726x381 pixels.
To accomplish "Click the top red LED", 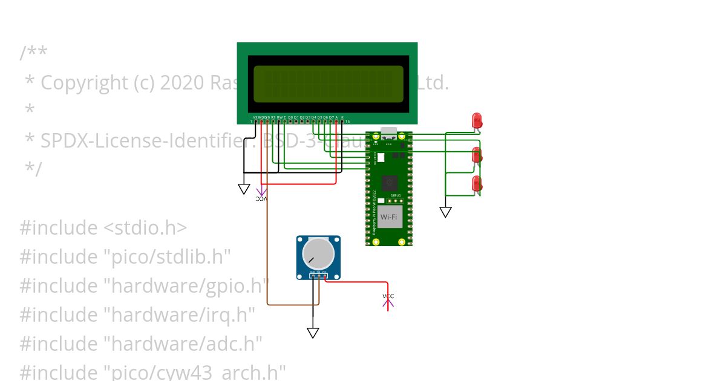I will pos(477,120).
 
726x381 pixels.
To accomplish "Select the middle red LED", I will pos(477,154).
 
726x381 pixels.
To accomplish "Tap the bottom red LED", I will pos(477,183).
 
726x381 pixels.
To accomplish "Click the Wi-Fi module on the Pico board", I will pos(389,217).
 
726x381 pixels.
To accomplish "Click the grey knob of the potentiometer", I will pos(318,253).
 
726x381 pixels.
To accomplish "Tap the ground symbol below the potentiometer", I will pos(313,333).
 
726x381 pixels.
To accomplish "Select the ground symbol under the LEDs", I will pos(445,212).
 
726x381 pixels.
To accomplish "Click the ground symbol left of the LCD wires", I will pos(244,189).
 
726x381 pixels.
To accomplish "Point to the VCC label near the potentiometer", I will pos(388,296).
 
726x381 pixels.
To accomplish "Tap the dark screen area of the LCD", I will pos(328,84).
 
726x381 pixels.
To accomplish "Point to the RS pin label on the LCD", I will pos(273,117).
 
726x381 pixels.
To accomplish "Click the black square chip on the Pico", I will pos(390,182).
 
